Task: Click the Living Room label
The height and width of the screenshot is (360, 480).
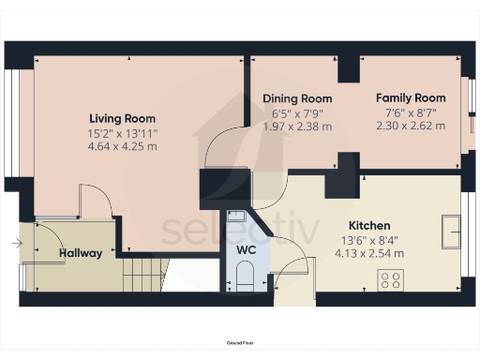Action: point(123,118)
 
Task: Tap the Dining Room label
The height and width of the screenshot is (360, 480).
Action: point(297,98)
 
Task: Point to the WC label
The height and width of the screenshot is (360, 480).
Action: point(246,250)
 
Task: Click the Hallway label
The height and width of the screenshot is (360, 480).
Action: point(81,252)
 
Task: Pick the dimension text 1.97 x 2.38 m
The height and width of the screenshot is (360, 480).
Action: point(297,126)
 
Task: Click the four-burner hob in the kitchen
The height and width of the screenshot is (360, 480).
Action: point(389,278)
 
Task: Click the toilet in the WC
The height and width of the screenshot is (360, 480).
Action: point(246,276)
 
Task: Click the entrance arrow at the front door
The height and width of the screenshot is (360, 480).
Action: point(16,244)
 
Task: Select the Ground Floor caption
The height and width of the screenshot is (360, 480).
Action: point(240,345)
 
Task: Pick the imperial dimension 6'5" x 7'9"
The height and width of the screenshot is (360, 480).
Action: point(297,112)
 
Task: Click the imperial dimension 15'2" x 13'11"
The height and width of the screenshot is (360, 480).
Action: point(123,132)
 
